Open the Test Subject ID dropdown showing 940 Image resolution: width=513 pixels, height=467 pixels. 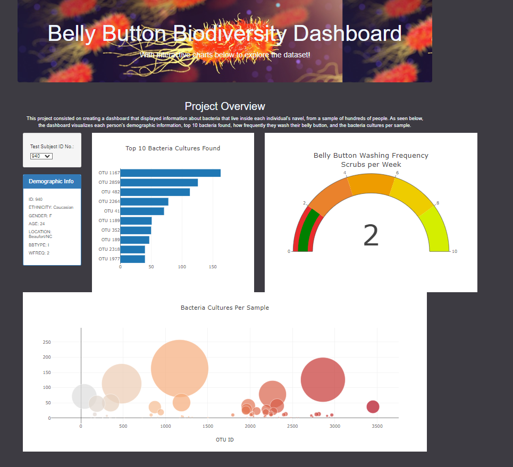(41, 156)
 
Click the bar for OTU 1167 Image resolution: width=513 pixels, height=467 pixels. (170, 173)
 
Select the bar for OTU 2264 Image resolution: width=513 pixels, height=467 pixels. (144, 201)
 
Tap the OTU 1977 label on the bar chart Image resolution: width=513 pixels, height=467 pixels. (108, 259)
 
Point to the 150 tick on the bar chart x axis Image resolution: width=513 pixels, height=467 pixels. (213, 267)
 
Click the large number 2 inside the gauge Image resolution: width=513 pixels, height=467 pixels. (371, 236)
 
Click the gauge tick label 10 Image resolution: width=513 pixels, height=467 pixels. (454, 251)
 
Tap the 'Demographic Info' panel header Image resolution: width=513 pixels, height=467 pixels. (52, 181)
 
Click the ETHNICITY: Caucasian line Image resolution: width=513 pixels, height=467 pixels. (51, 207)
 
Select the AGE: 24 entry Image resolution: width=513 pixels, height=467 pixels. (37, 224)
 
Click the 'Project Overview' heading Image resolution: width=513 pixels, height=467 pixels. (225, 106)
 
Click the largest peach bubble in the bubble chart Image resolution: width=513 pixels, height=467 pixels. (179, 368)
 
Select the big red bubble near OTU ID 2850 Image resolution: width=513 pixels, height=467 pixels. (323, 380)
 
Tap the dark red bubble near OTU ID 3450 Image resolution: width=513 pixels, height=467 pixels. (373, 407)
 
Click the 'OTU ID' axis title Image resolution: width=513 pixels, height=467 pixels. (224, 440)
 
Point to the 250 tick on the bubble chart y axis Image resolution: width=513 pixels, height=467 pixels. (46, 342)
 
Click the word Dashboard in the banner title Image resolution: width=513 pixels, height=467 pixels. (347, 33)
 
